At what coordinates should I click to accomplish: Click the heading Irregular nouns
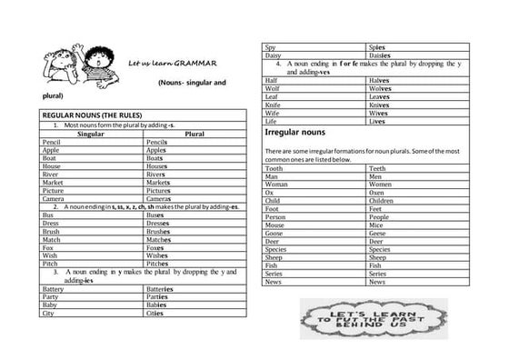point(300,133)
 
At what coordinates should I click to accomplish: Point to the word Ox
point(269,193)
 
